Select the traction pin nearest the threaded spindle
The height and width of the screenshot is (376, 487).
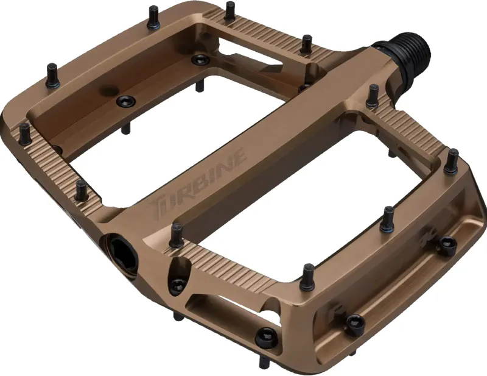pyautogui.click(x=372, y=95)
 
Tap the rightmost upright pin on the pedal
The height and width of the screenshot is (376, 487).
pyautogui.click(x=451, y=160)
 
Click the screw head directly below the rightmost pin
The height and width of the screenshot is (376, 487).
pyautogui.click(x=449, y=244)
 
